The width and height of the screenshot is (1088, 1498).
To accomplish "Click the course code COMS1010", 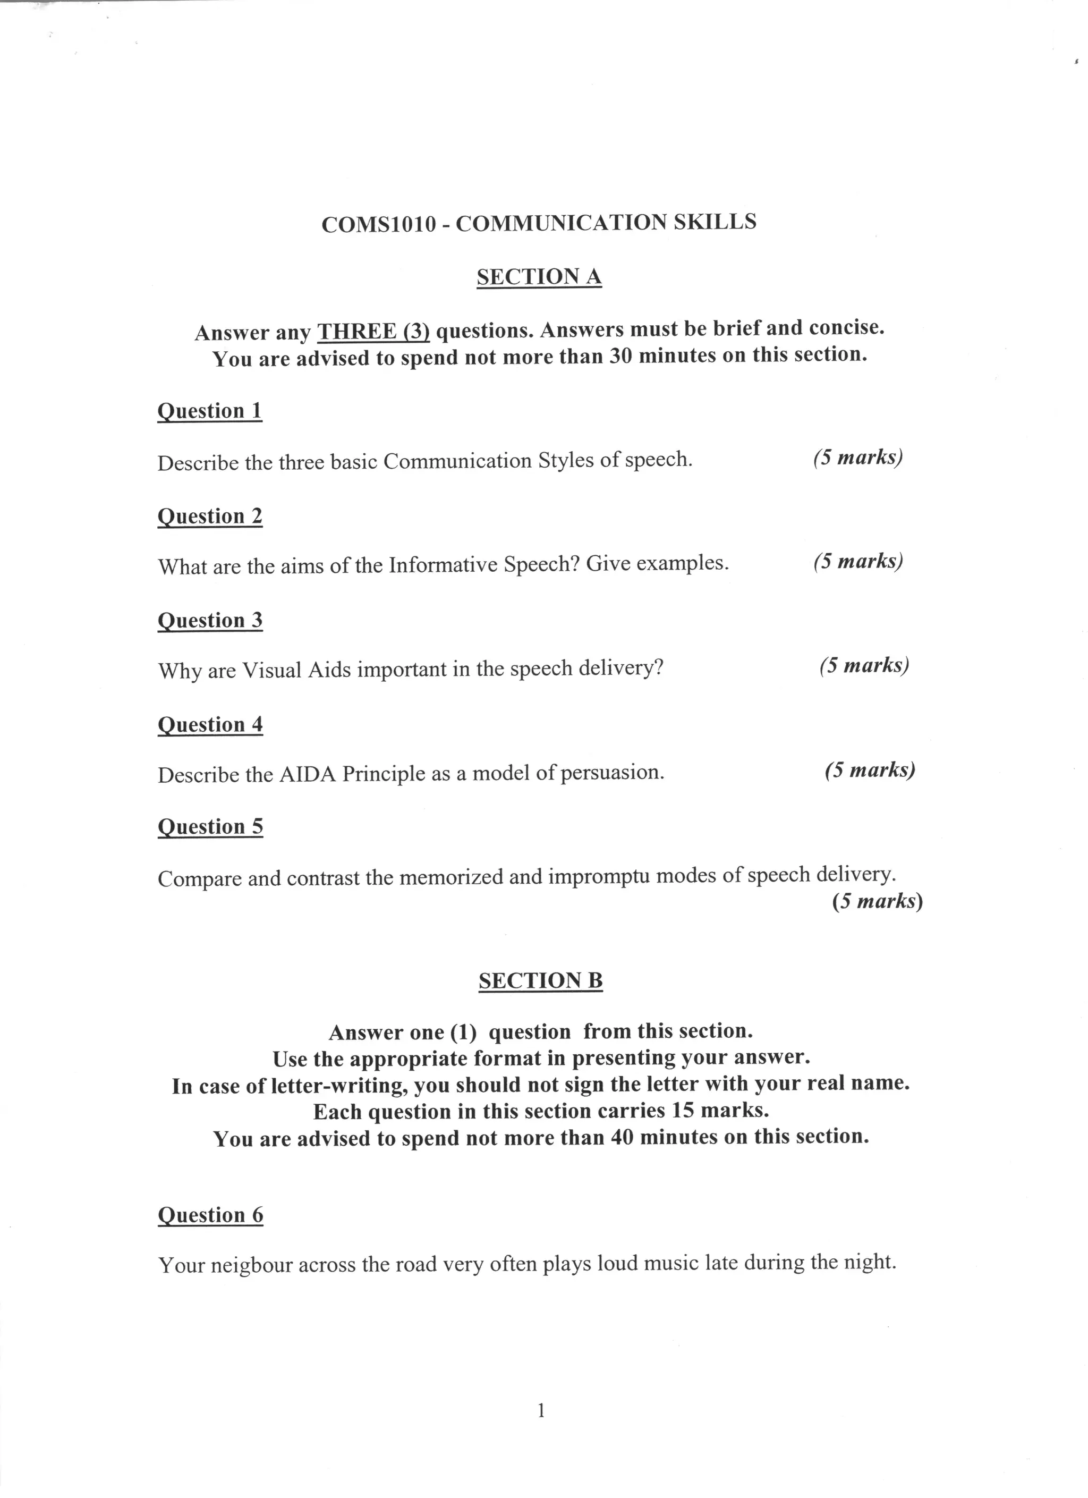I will tap(378, 225).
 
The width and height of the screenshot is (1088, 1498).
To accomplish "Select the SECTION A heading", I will tap(539, 276).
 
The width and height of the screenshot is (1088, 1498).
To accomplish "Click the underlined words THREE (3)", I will tap(373, 331).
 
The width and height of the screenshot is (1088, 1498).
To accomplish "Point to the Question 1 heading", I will tap(210, 411).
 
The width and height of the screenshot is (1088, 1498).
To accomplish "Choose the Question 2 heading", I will tap(210, 516).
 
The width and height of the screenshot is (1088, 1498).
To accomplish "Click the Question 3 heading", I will tap(210, 620).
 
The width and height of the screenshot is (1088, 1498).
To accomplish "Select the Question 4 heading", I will tap(210, 725).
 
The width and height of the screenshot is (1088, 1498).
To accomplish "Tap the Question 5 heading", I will tap(210, 827).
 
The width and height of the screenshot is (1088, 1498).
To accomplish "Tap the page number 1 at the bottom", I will tap(541, 1411).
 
